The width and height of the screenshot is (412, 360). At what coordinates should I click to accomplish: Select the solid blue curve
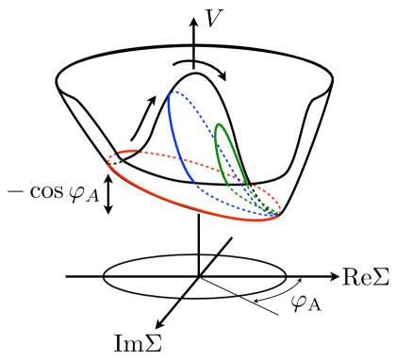click(x=176, y=141)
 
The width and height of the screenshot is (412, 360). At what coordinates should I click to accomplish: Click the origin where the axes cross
click(x=198, y=277)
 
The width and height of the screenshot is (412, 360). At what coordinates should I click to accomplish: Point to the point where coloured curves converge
click(x=276, y=217)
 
